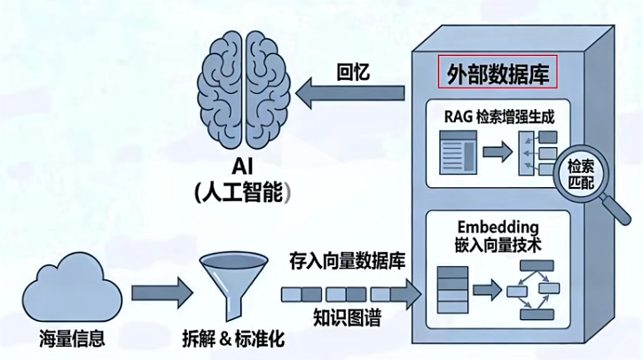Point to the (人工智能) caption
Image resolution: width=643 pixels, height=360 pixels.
coord(245,192)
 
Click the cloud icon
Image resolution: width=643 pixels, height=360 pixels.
coord(72,290)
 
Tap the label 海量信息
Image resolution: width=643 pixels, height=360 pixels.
coord(72,338)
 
